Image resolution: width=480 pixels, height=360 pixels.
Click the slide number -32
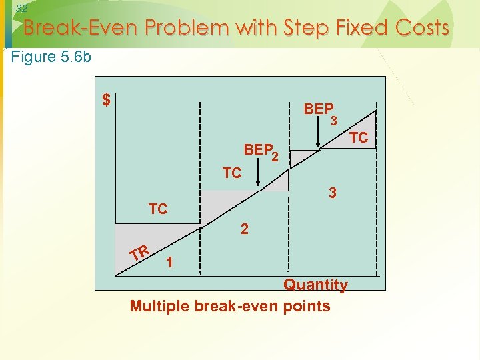tap(20, 9)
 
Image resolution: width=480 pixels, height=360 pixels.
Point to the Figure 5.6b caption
tap(52, 57)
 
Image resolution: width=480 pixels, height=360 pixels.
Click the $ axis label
tap(106, 100)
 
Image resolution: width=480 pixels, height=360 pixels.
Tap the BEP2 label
tap(261, 151)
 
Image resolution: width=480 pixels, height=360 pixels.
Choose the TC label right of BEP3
tap(359, 138)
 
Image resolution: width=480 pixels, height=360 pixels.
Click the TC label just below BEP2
tap(231, 173)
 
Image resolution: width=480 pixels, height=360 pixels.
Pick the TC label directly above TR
tap(158, 209)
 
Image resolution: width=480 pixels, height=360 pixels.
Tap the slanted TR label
tap(140, 253)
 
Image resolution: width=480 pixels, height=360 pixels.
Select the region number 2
tap(245, 229)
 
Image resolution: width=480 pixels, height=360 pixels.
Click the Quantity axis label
tap(315, 285)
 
